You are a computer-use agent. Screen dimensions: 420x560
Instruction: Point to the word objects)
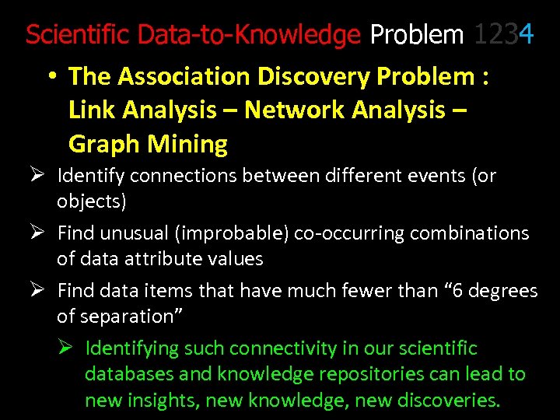[92, 202]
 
